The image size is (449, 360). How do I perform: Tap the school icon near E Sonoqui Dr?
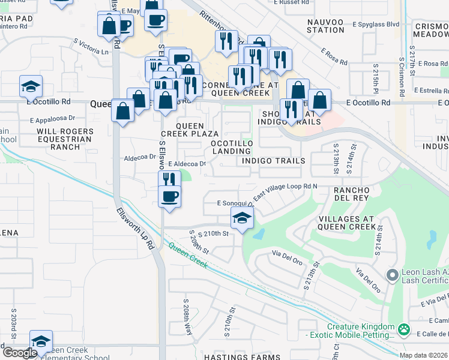click(242, 218)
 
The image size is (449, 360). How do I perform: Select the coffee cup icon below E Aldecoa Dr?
click(170, 196)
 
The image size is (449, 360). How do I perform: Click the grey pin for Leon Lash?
click(392, 276)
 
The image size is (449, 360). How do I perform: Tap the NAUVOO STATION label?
click(325, 26)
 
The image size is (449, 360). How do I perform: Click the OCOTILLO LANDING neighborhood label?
click(231, 147)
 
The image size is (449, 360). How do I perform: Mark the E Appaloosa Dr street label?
click(55, 119)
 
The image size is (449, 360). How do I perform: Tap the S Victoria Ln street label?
click(91, 47)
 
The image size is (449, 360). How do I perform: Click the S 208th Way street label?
click(187, 316)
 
